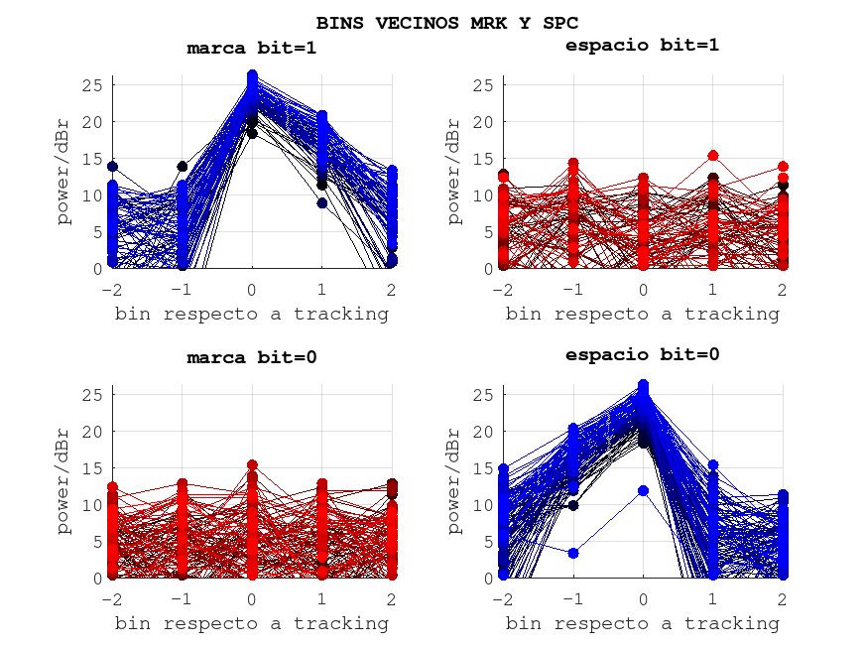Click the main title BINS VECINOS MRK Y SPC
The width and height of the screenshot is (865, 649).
(x=447, y=22)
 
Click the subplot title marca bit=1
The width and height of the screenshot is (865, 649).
(x=252, y=47)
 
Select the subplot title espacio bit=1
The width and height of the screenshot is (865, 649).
(x=642, y=45)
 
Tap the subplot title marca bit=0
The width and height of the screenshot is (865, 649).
(x=252, y=357)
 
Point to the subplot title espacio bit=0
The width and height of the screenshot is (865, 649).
(x=642, y=354)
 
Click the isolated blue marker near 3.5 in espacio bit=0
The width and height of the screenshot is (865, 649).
(x=573, y=553)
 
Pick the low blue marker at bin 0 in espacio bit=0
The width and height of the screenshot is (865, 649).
(x=643, y=490)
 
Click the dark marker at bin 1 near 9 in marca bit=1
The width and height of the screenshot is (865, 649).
(x=321, y=203)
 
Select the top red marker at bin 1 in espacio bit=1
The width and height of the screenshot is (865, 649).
(x=712, y=156)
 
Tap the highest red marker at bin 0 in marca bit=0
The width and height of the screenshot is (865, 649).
(x=252, y=464)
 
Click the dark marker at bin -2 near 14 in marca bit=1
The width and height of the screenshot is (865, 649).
(x=112, y=167)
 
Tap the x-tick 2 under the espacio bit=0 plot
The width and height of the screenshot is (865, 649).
(x=782, y=599)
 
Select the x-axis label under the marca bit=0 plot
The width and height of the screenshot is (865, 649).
(x=252, y=623)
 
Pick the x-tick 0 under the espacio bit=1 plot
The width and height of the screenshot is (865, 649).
(x=643, y=290)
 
